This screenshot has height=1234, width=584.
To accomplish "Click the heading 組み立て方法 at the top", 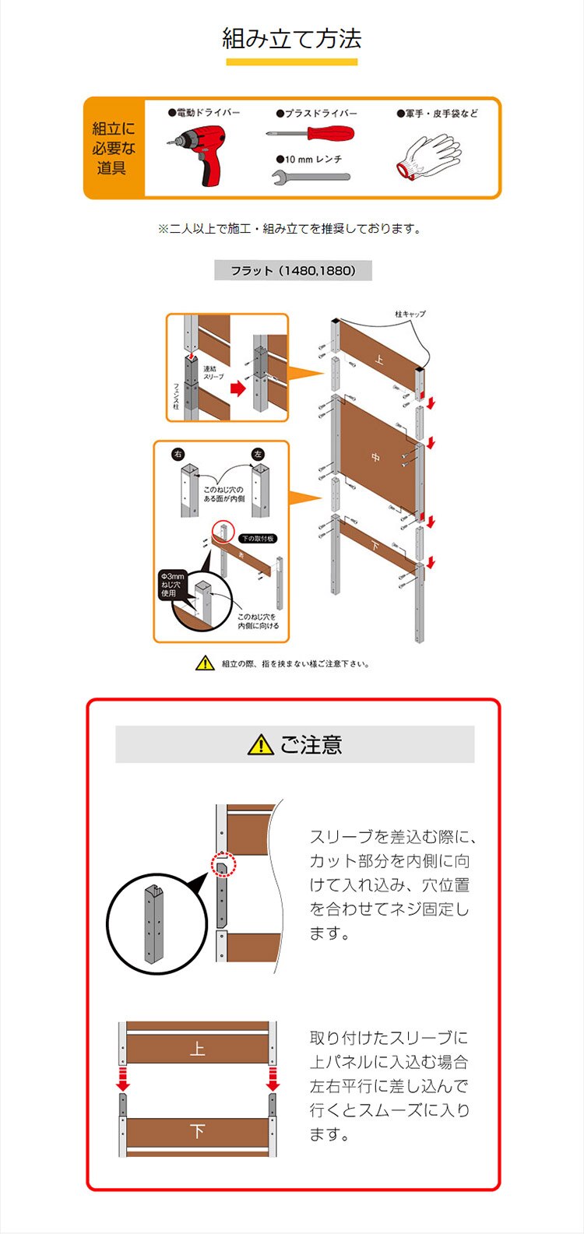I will point(292,39).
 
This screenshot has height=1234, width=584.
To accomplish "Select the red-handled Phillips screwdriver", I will point(310,133).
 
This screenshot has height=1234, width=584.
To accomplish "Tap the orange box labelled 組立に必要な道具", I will point(114,148).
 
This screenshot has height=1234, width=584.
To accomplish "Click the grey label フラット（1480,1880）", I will point(293,271).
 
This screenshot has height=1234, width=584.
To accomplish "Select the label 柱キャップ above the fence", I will point(410,315).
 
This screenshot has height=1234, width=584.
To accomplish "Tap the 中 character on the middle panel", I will point(375,458).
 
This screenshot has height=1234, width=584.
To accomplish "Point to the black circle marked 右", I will point(178,454).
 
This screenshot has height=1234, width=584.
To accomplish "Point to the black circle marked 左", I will point(258,454).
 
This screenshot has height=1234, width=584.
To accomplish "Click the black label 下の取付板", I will point(258,538).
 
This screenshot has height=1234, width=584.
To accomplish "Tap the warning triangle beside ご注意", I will point(260,745).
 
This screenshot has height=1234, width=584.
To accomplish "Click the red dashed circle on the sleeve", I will point(223,863).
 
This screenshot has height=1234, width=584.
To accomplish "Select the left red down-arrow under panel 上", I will point(123,1083).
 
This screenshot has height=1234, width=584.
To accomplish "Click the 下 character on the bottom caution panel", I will point(197,1131).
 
